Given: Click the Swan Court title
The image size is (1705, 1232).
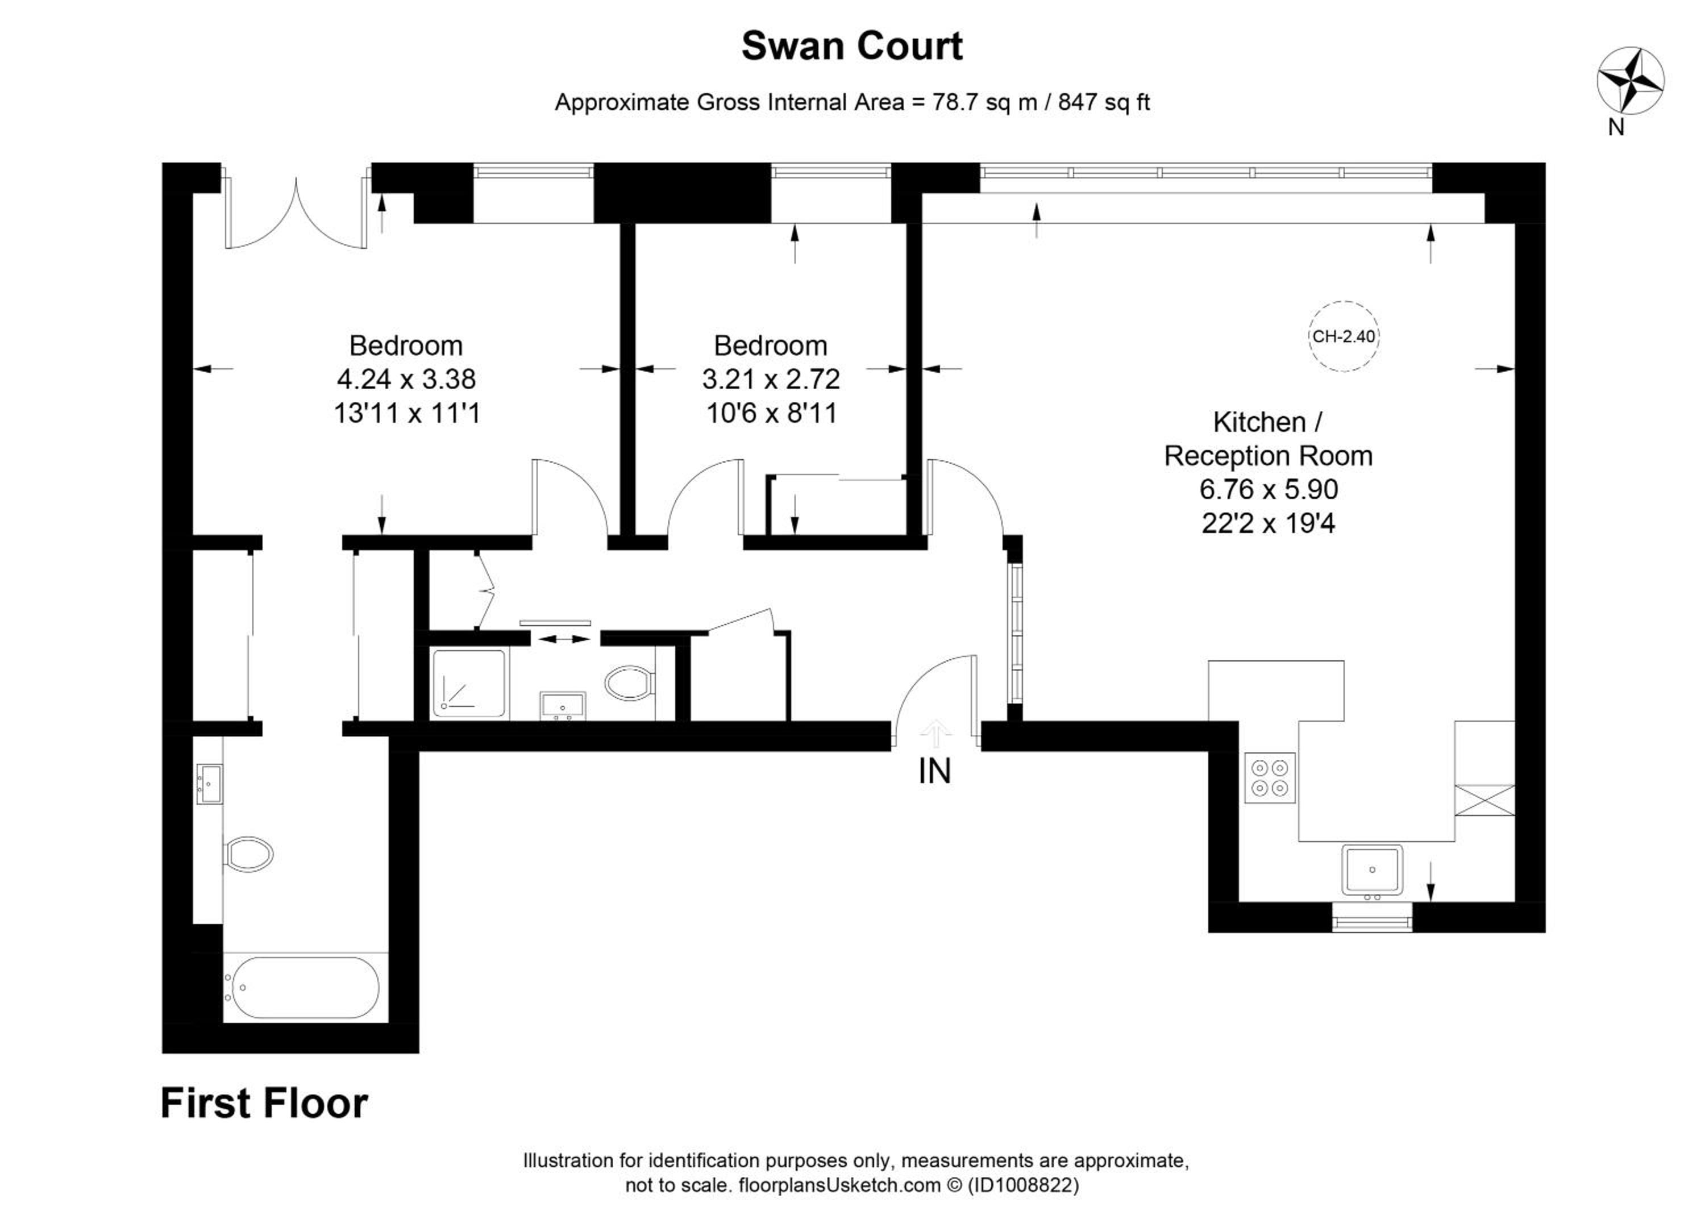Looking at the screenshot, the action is tap(852, 47).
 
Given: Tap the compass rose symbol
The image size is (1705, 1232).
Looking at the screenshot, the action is tap(1630, 81).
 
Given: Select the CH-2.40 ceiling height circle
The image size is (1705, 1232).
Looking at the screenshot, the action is tap(1344, 336).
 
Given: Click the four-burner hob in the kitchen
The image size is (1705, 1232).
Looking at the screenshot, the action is tap(1270, 778).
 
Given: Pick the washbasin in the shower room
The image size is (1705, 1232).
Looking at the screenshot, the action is tap(562, 705).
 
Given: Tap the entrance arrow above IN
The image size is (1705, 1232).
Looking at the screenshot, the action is tap(935, 734).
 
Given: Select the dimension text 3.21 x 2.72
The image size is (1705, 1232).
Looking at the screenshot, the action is tap(771, 379).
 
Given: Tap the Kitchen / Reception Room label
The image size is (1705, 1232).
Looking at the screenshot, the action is tap(1268, 439).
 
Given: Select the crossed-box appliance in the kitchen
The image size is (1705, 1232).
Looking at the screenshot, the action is tap(1484, 800).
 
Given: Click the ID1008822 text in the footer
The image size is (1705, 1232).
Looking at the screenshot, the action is tap(1023, 1185).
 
